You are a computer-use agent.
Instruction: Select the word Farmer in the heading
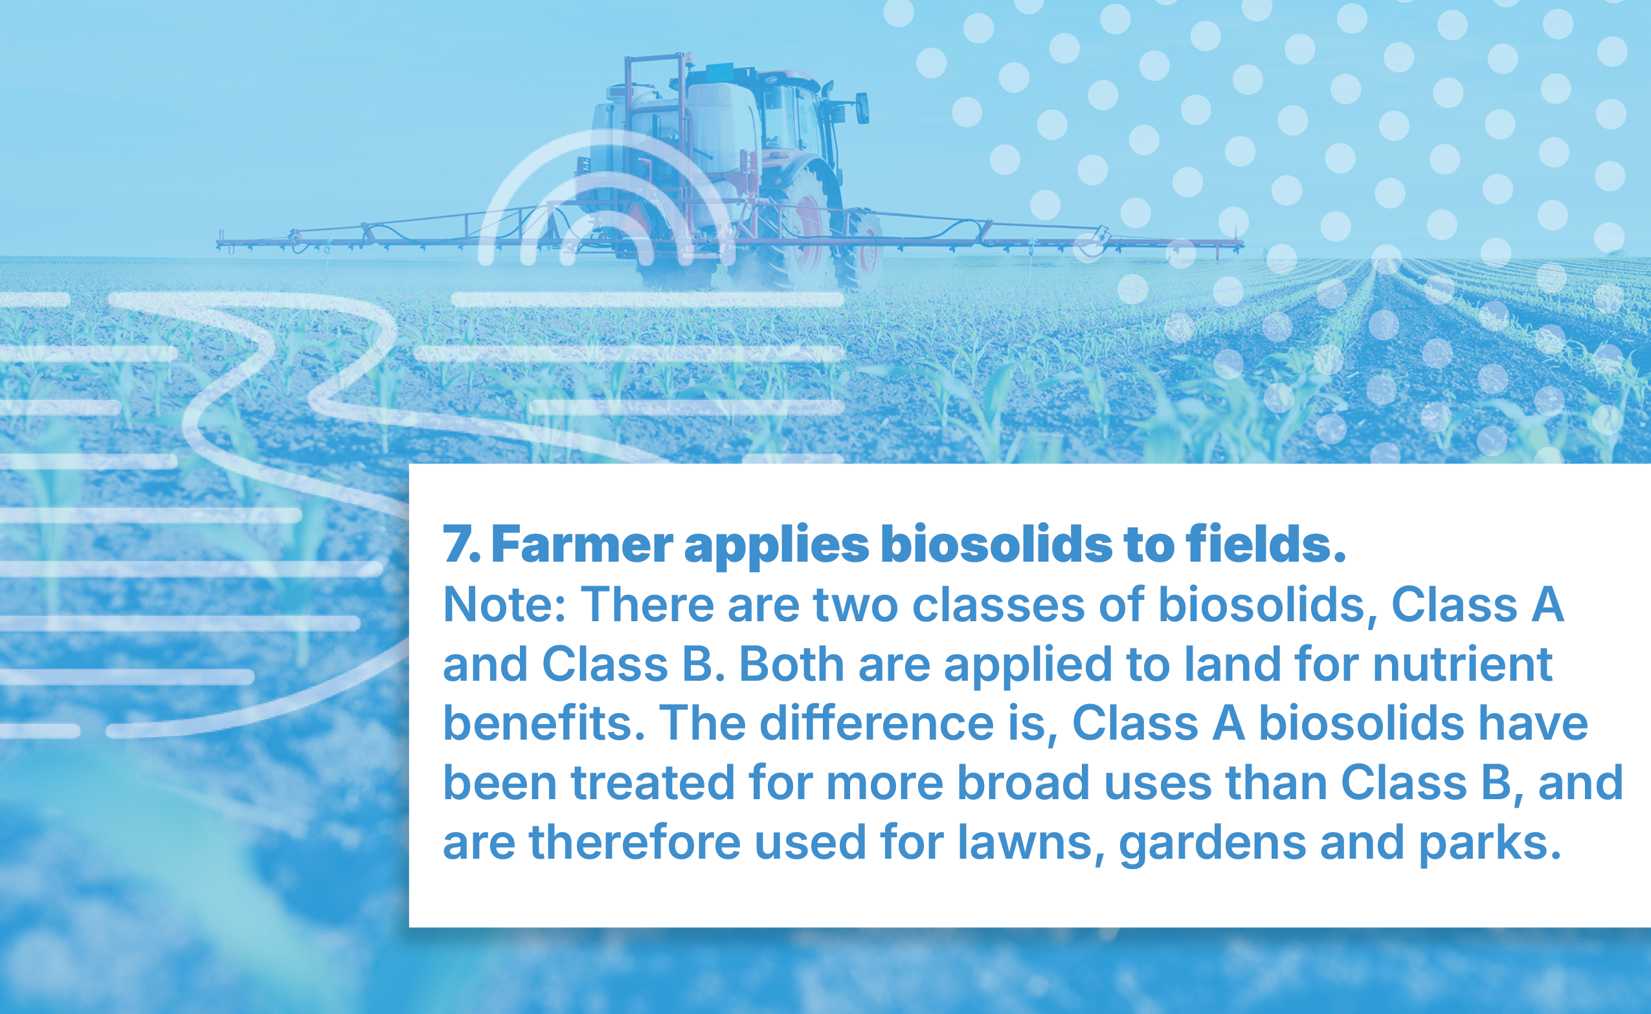pos(582,544)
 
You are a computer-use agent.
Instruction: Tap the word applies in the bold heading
pos(776,547)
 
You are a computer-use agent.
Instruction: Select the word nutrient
pos(1463,665)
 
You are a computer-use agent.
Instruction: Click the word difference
pos(877,723)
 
